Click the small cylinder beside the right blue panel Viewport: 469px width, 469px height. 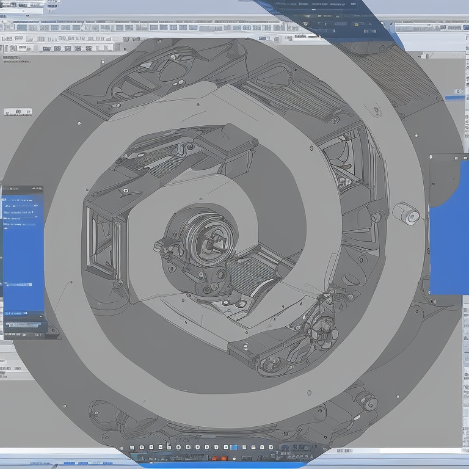405,213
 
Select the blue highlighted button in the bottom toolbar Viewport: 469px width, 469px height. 234,448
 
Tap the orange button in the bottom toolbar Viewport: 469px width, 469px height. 224,457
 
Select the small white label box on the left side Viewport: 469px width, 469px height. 17,112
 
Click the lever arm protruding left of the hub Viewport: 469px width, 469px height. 165,246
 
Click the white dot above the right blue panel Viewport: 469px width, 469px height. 457,157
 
